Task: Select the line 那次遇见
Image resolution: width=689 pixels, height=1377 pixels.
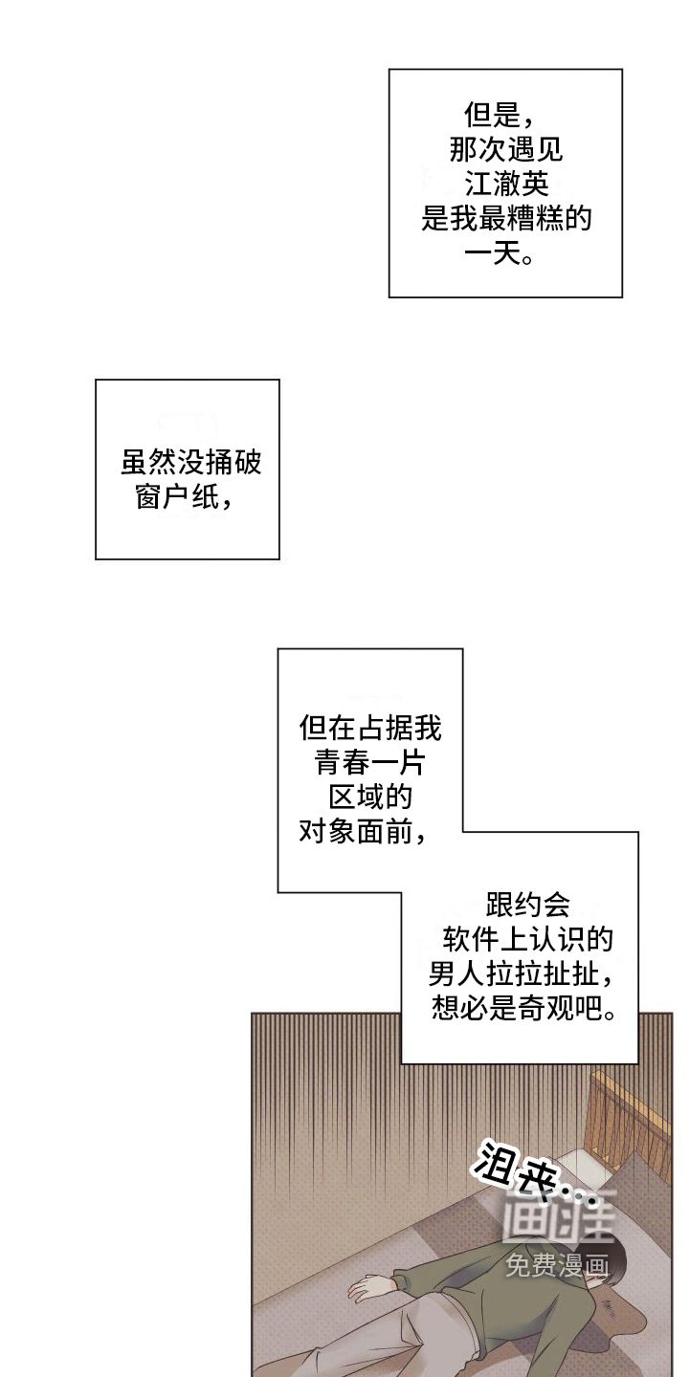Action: pos(506,150)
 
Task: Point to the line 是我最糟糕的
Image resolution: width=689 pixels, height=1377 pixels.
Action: pos(506,220)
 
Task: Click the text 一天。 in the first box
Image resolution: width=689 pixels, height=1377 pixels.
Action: pos(500,255)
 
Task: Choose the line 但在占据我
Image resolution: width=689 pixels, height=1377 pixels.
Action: pos(369,730)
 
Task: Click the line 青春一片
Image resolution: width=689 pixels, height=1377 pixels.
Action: pos(369,763)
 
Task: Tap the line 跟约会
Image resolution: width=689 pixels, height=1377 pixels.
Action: pos(527,904)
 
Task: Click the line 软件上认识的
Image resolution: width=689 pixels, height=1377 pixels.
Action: pos(527,939)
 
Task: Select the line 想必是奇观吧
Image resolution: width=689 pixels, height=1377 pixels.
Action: pos(522,1008)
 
